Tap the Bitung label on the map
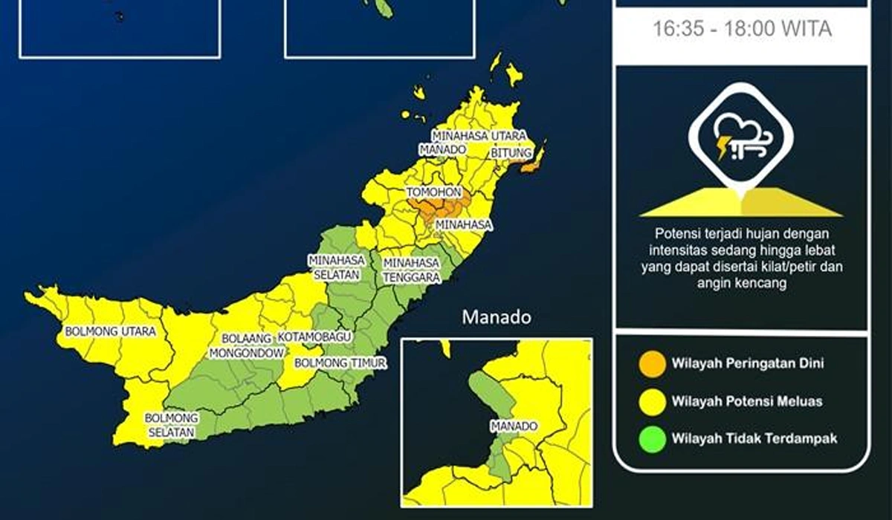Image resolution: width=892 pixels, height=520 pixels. (x=512, y=152)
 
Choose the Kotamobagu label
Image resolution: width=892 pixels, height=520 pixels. (x=314, y=337)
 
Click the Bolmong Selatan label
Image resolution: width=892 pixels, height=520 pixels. (x=170, y=425)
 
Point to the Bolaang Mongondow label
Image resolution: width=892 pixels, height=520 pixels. (x=242, y=345)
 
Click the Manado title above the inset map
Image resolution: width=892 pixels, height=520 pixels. (x=497, y=318)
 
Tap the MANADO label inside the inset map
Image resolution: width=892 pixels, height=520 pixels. (x=513, y=426)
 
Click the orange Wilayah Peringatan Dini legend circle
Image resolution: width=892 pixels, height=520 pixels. (x=652, y=364)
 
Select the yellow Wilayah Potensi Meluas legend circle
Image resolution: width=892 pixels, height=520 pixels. (x=652, y=401)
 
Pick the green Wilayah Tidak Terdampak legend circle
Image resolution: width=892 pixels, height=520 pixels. (x=652, y=438)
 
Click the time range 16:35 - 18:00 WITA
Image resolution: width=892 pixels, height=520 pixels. (x=742, y=30)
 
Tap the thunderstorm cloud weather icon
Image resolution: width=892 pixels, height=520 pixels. (x=740, y=138)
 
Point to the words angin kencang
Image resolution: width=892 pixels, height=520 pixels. (x=742, y=283)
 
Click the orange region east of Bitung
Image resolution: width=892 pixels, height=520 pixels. (x=533, y=166)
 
